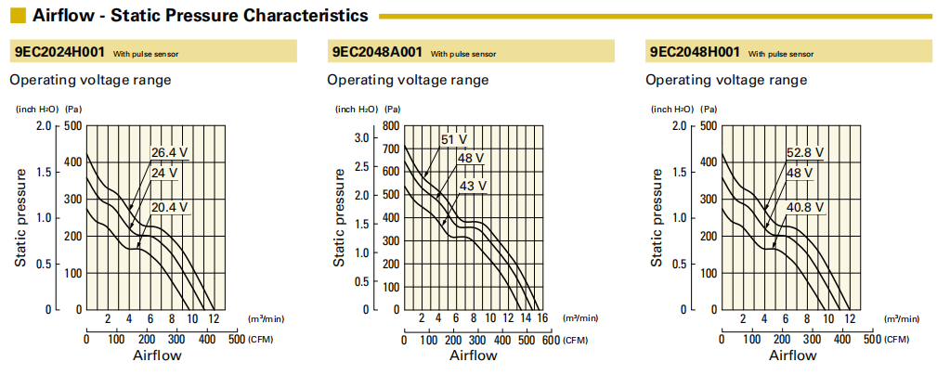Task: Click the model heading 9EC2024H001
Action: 59,52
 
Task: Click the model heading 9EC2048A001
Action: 377,52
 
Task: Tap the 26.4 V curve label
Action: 170,153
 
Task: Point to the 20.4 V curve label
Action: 170,207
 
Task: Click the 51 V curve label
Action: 454,140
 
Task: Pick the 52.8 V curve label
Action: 805,153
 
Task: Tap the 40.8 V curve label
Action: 805,207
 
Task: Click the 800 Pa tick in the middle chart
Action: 391,124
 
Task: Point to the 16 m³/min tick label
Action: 542,319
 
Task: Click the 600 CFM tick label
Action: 548,339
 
